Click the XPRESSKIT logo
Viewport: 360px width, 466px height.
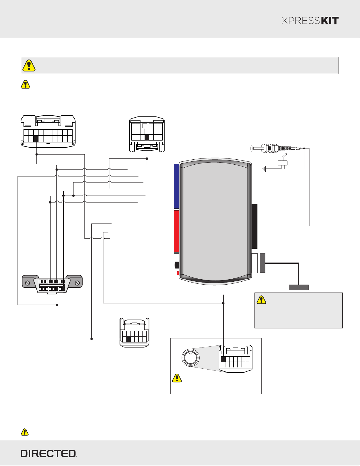[310, 21]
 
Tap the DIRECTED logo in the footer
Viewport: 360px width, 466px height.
[49, 453]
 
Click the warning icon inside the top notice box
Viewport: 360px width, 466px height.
[29, 66]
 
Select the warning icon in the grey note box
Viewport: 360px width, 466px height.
[261, 300]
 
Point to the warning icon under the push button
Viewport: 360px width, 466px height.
[177, 378]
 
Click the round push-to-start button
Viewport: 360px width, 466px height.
[190, 358]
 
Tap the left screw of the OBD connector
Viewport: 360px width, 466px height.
[27, 283]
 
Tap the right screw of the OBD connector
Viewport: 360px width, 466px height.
[78, 283]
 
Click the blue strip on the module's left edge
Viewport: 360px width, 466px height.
[176, 186]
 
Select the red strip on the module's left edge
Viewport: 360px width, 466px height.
[176, 231]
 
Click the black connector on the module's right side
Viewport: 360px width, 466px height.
[254, 226]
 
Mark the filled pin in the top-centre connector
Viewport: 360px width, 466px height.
[147, 137]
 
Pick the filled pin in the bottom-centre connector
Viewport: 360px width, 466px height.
[128, 339]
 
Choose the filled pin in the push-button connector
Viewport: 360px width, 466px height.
[223, 359]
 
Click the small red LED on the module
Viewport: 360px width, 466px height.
[178, 273]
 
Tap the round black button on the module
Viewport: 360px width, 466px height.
[177, 265]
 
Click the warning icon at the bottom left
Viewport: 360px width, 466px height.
[25, 432]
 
